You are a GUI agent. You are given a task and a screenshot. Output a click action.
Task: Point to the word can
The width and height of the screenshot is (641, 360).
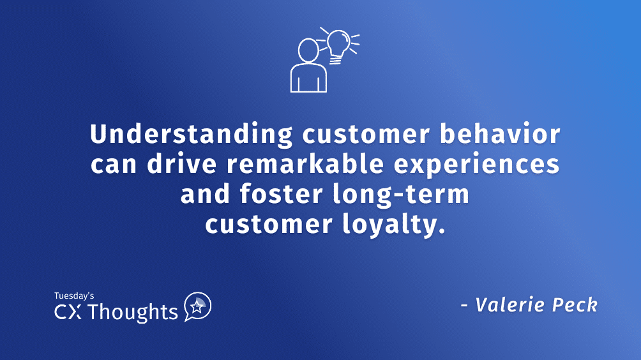click(x=112, y=165)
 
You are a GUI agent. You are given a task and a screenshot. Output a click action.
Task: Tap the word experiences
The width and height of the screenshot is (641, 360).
click(x=478, y=165)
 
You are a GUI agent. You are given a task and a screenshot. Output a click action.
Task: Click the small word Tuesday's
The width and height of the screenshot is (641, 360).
click(x=74, y=296)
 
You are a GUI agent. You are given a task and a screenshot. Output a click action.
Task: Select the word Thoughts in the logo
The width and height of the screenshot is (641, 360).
click(x=133, y=312)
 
